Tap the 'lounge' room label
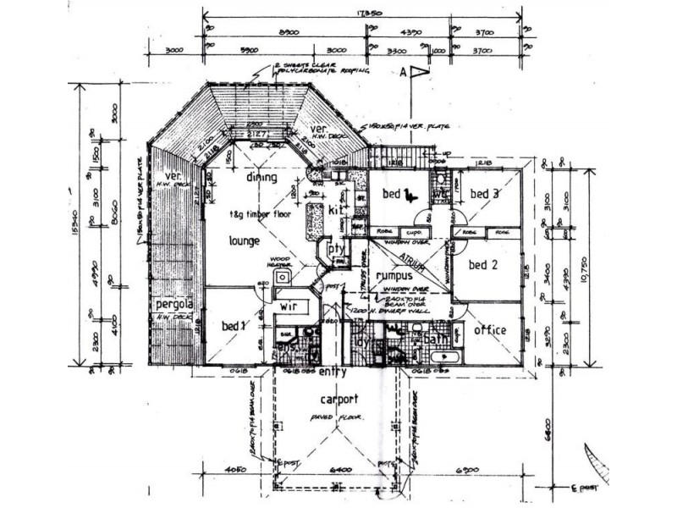pos(244,240)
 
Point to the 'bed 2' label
pos(482,265)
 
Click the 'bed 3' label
pos(484,195)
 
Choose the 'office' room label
pos(489,329)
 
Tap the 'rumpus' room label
pos(394,275)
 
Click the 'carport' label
pos(338,399)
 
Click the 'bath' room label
pos(435,340)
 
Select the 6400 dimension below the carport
pos(338,467)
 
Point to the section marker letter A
pos(405,73)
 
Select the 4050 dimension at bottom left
pos(237,467)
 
